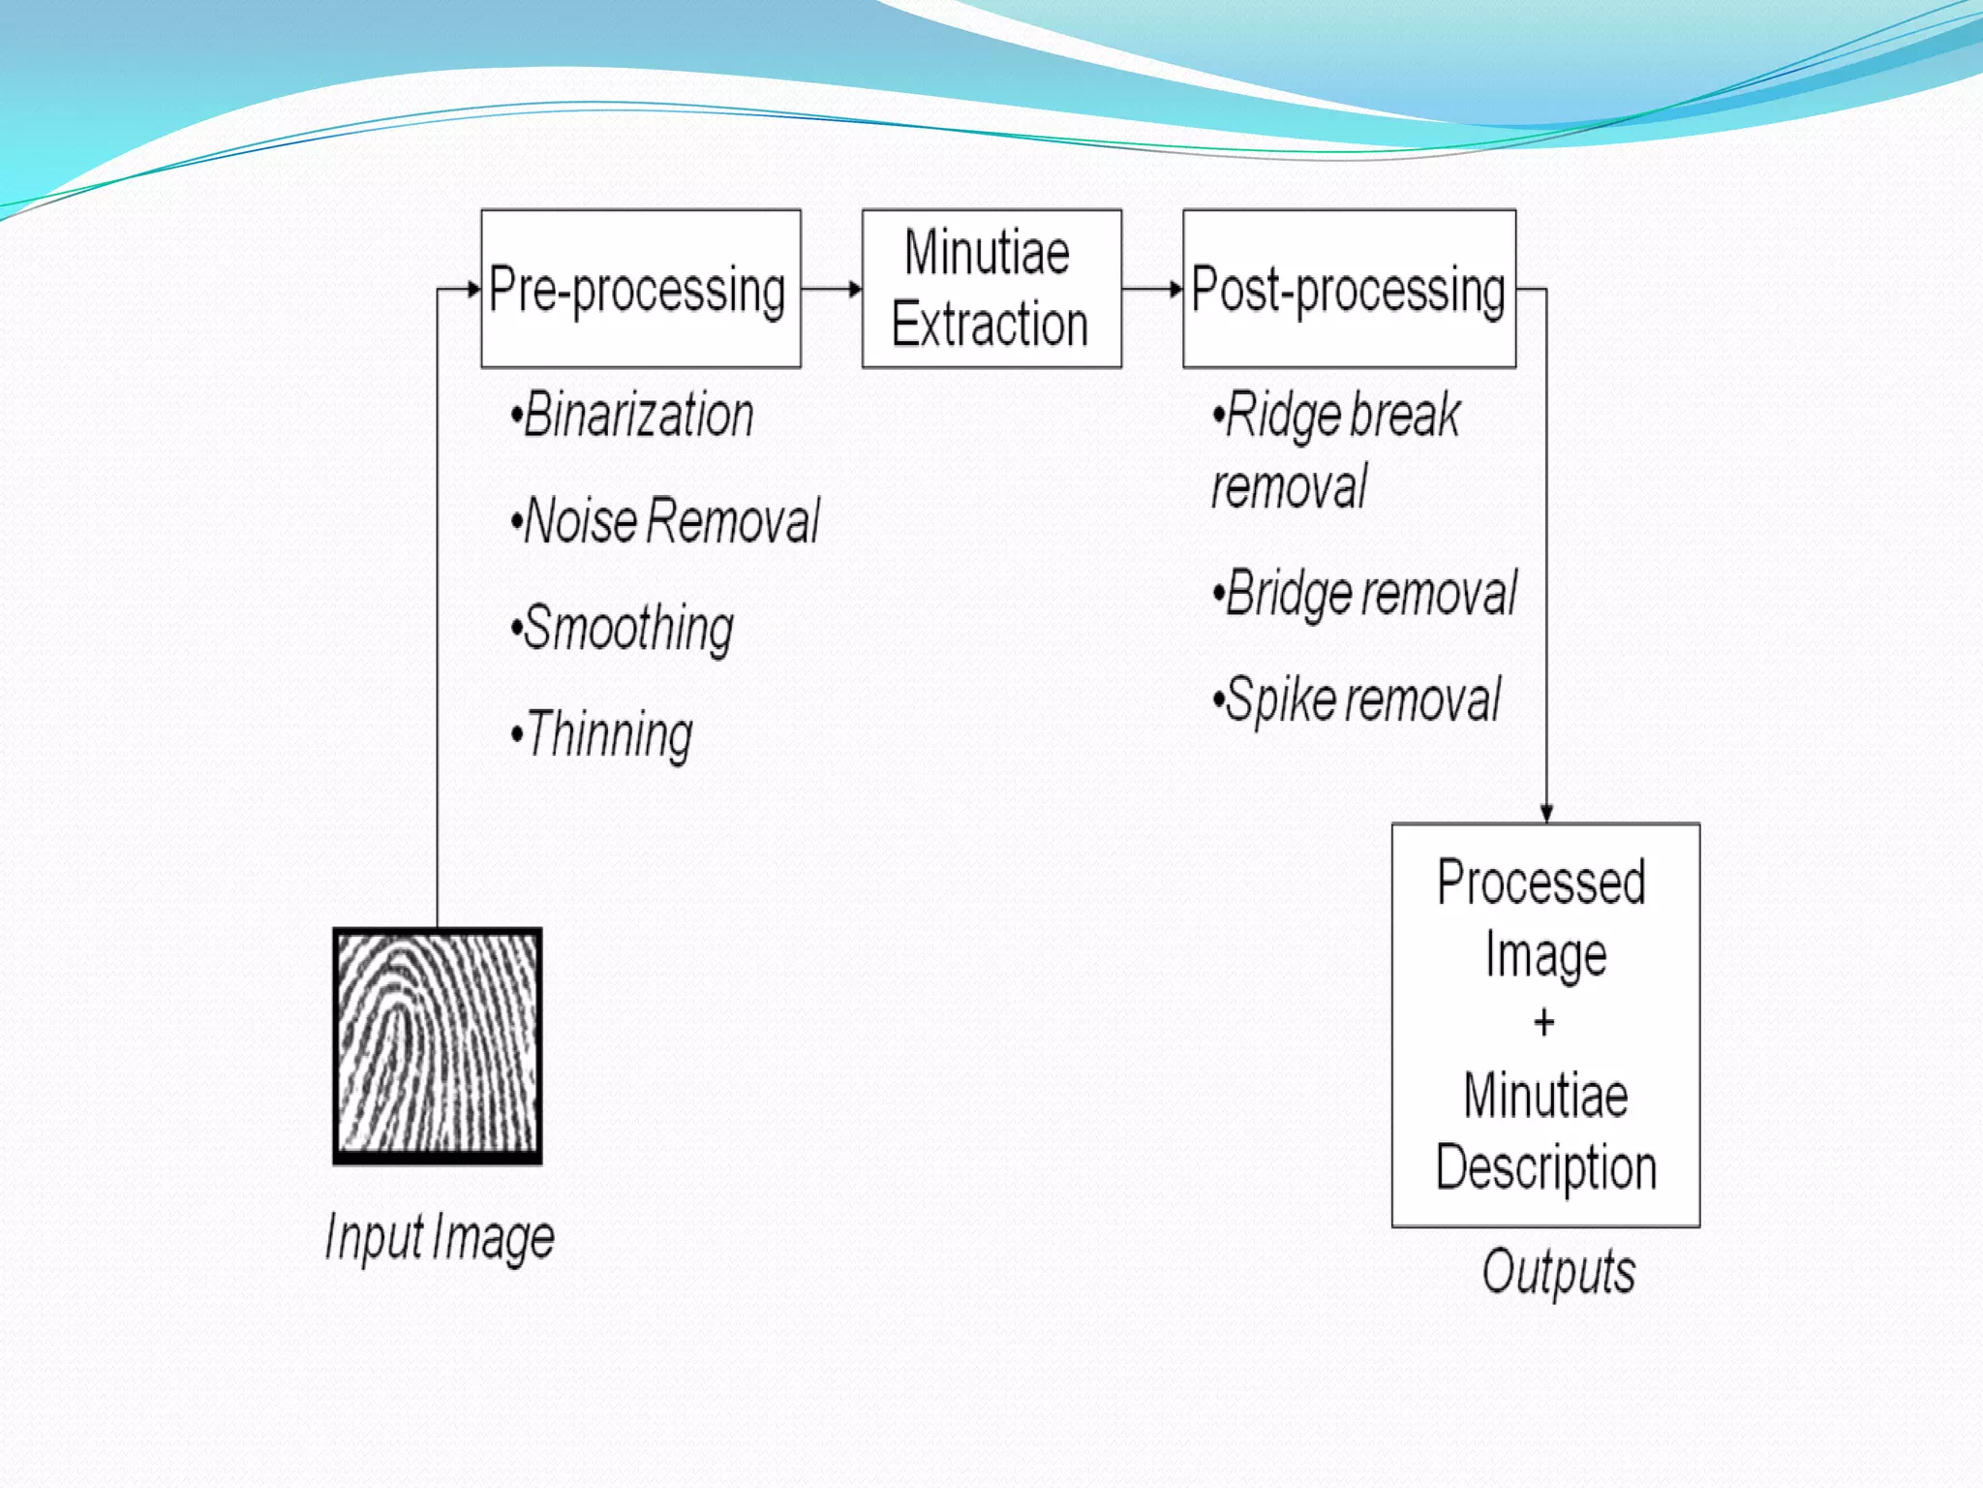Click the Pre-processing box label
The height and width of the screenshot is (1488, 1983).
(x=637, y=290)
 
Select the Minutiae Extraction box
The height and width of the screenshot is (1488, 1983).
(x=991, y=288)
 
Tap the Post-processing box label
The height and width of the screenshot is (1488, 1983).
(x=1348, y=290)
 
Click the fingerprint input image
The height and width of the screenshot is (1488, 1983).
(x=438, y=1045)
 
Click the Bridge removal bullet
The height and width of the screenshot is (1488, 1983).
(x=1366, y=593)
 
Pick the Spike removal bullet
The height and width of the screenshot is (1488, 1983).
(x=1358, y=699)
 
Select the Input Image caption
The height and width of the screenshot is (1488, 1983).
(x=440, y=1237)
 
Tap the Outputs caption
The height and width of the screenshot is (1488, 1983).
(x=1558, y=1271)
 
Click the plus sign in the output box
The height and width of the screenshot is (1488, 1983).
(x=1544, y=1022)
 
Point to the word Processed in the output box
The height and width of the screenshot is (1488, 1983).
(x=1541, y=883)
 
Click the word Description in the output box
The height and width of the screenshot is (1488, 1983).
(x=1545, y=1166)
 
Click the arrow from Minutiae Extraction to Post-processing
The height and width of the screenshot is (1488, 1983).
(x=1152, y=289)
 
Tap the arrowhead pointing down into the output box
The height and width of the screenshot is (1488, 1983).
(x=1546, y=814)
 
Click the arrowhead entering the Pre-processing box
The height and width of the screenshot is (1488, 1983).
(x=473, y=289)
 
